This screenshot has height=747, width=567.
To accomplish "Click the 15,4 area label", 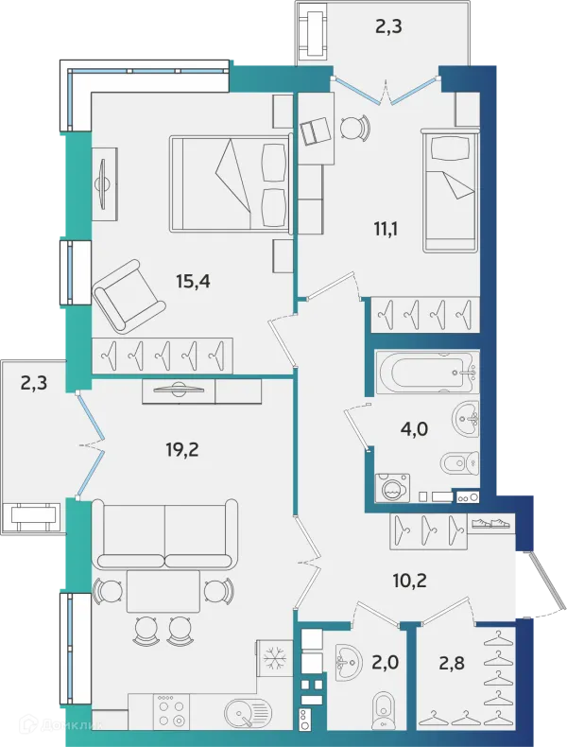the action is (x=193, y=282).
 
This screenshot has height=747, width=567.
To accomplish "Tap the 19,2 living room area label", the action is (x=182, y=449).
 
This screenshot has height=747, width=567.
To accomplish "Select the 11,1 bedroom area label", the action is (x=386, y=229).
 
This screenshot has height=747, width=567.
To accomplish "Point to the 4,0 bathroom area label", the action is (x=414, y=428).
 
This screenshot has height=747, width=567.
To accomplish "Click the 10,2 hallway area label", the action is (x=409, y=581).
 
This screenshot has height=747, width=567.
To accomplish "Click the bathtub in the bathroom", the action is (x=427, y=373).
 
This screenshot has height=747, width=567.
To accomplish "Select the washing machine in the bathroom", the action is (x=392, y=487).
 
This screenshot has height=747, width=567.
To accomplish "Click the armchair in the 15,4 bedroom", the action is (x=129, y=296).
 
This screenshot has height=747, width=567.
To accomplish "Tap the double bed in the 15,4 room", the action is (x=231, y=183).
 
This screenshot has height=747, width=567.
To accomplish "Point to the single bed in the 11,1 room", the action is (x=450, y=190).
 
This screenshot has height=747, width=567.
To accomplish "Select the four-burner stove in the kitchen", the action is (x=171, y=713).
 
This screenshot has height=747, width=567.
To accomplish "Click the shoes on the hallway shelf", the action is (x=490, y=523).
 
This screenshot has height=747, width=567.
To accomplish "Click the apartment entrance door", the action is (x=542, y=582).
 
